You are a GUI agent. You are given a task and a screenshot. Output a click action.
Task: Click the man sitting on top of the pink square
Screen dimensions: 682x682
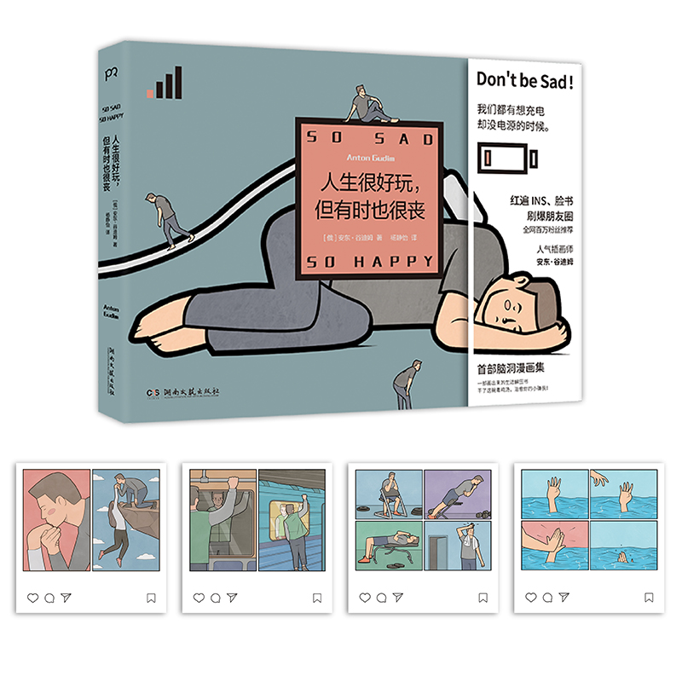pos(369,105)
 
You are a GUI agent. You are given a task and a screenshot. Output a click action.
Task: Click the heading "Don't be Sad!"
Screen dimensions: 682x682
pos(524,82)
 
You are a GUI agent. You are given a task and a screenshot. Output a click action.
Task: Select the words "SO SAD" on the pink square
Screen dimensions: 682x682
pos(369,137)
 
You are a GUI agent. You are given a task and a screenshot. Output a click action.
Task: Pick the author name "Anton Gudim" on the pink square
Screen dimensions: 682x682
pos(369,158)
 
